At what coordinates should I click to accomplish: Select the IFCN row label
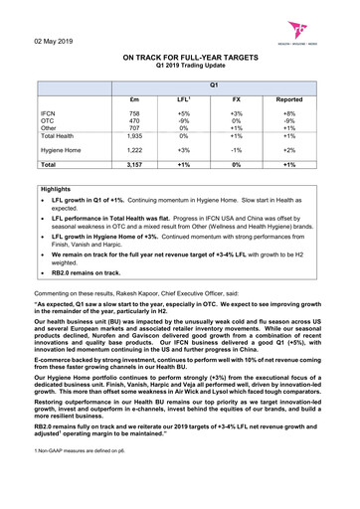[x=51, y=115]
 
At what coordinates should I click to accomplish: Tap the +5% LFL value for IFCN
[x=183, y=115]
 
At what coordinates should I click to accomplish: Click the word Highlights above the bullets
[x=58, y=188]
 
